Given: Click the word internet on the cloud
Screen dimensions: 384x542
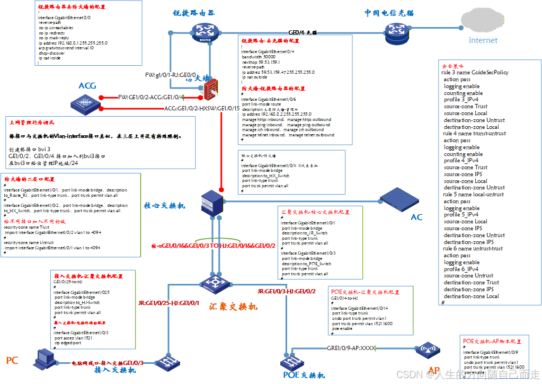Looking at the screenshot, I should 483,40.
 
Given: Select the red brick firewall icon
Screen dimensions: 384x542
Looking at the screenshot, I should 212,90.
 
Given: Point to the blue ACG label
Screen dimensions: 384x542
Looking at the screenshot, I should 87,86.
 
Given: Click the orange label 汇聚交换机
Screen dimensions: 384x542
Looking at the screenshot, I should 233,307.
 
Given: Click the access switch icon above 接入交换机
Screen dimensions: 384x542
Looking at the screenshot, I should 169,363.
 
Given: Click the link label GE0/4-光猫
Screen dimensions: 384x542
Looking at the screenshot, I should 302,32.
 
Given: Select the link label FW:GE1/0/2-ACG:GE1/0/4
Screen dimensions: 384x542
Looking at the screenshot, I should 151,97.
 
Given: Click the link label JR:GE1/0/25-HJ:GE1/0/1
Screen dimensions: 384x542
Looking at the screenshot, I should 168,303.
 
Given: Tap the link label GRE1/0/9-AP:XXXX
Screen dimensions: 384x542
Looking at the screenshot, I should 351,348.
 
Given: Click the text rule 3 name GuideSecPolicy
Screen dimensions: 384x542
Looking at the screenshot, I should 475,73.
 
